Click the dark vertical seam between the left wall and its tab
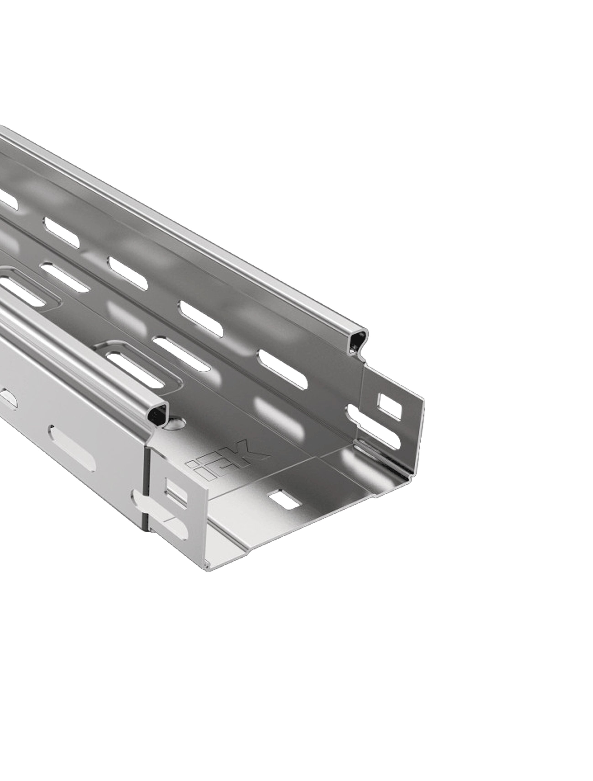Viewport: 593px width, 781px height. pos(146,494)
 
